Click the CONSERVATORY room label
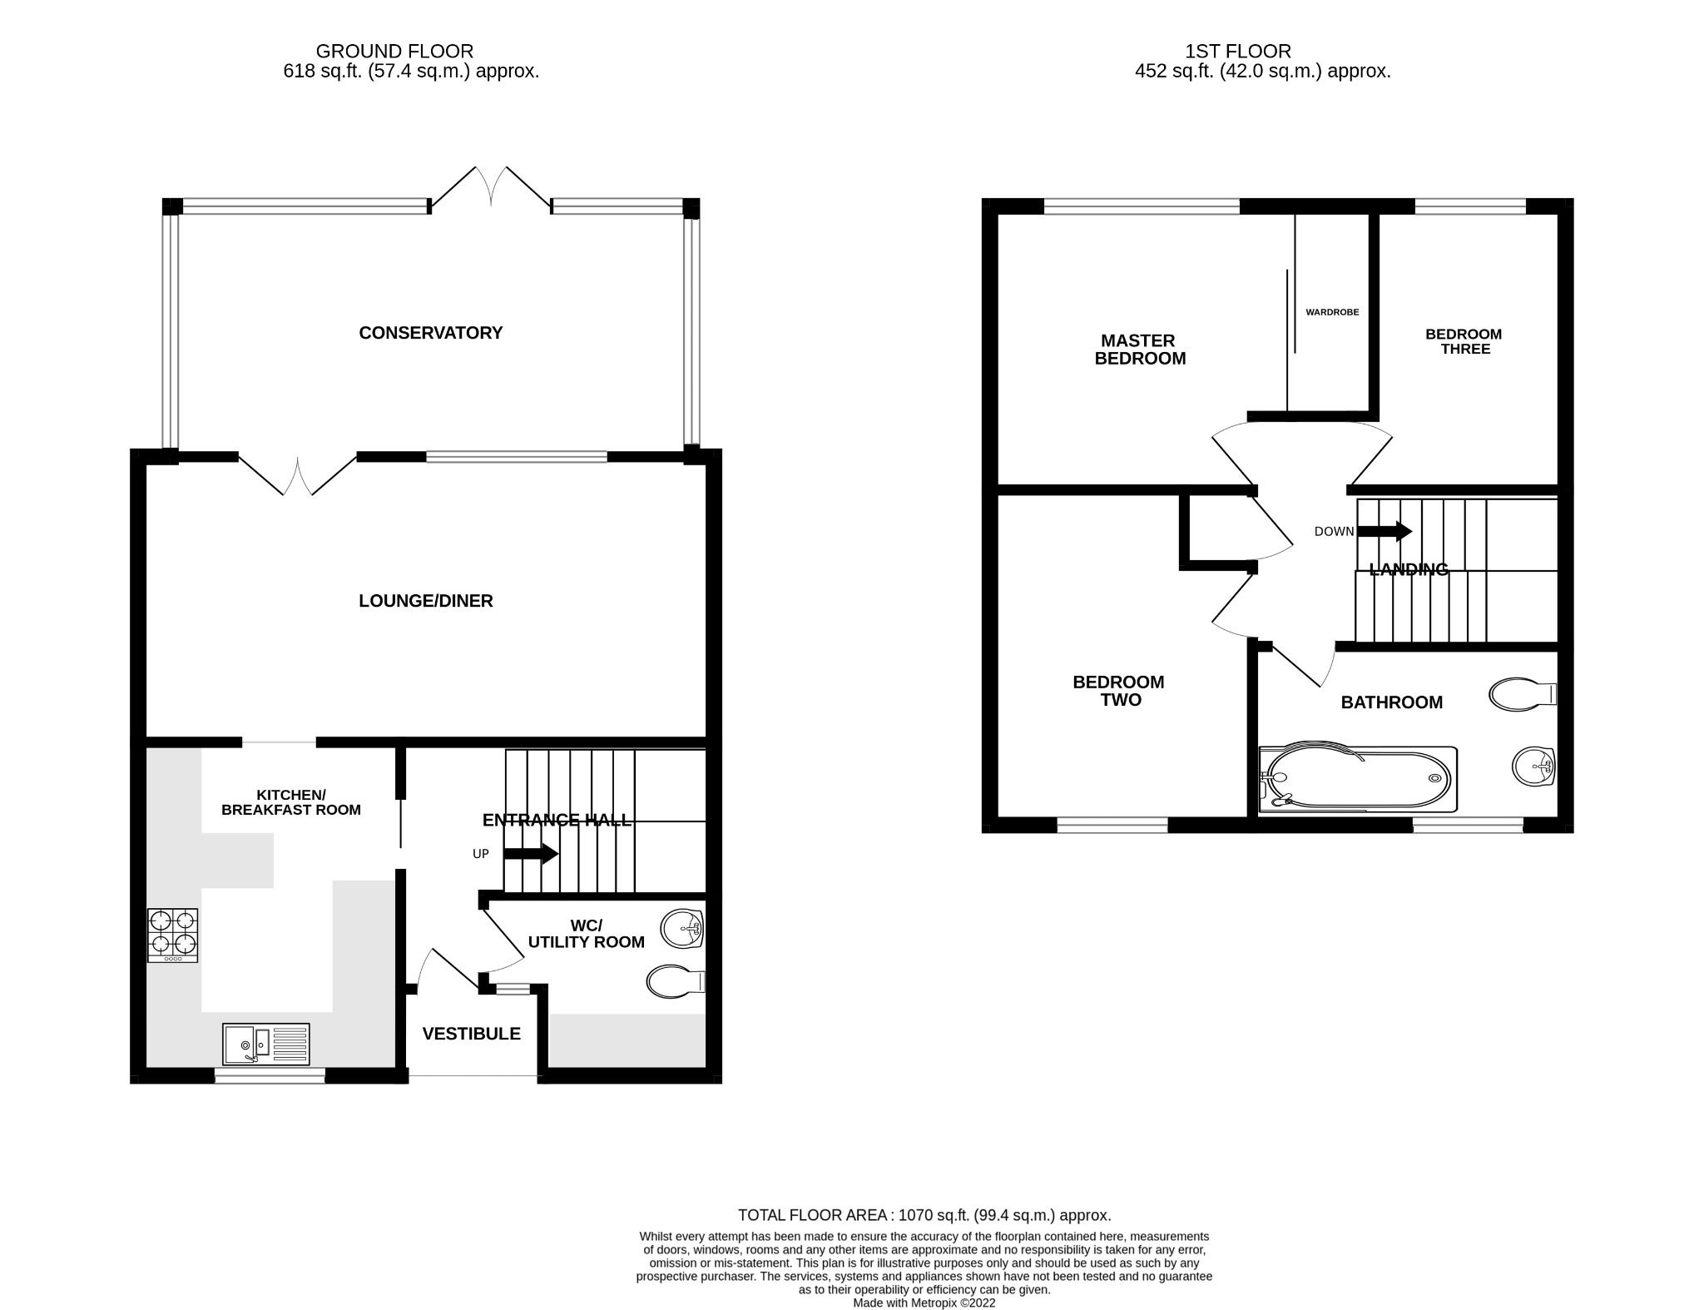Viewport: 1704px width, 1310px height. (x=430, y=333)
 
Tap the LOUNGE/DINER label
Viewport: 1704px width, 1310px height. (x=425, y=601)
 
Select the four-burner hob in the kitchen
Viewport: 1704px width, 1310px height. (x=173, y=935)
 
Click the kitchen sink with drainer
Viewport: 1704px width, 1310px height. (x=265, y=1044)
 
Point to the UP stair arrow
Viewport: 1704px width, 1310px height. (x=530, y=854)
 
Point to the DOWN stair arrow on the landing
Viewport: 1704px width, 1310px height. (x=1384, y=531)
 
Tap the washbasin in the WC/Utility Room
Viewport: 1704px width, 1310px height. (x=682, y=928)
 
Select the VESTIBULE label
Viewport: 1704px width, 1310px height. (x=471, y=1034)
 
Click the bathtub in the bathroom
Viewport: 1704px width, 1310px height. (x=1358, y=779)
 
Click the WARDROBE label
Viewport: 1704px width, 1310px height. (x=1332, y=312)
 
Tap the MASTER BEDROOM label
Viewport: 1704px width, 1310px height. (x=1139, y=350)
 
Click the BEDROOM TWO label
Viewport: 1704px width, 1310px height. (x=1119, y=691)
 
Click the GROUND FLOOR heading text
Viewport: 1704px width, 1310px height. (x=394, y=52)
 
